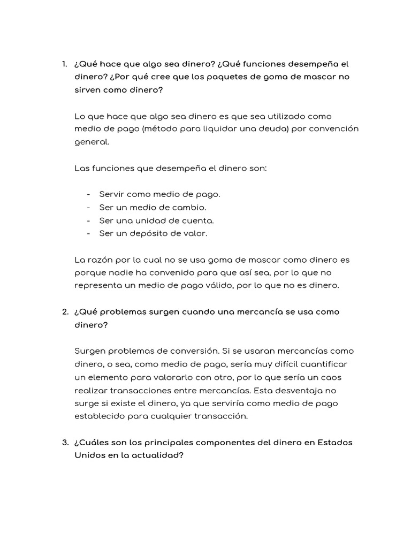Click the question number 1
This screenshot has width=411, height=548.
coord(64,64)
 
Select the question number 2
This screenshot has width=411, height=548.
coord(64,312)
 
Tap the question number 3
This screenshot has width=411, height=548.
coord(64,443)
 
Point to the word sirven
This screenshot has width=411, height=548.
coord(88,90)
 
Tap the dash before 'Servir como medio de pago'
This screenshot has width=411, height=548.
coord(88,194)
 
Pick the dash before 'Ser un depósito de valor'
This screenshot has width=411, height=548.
coord(88,233)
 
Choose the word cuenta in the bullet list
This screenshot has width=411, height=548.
coord(197,220)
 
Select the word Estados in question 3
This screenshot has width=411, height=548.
coord(335,443)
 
